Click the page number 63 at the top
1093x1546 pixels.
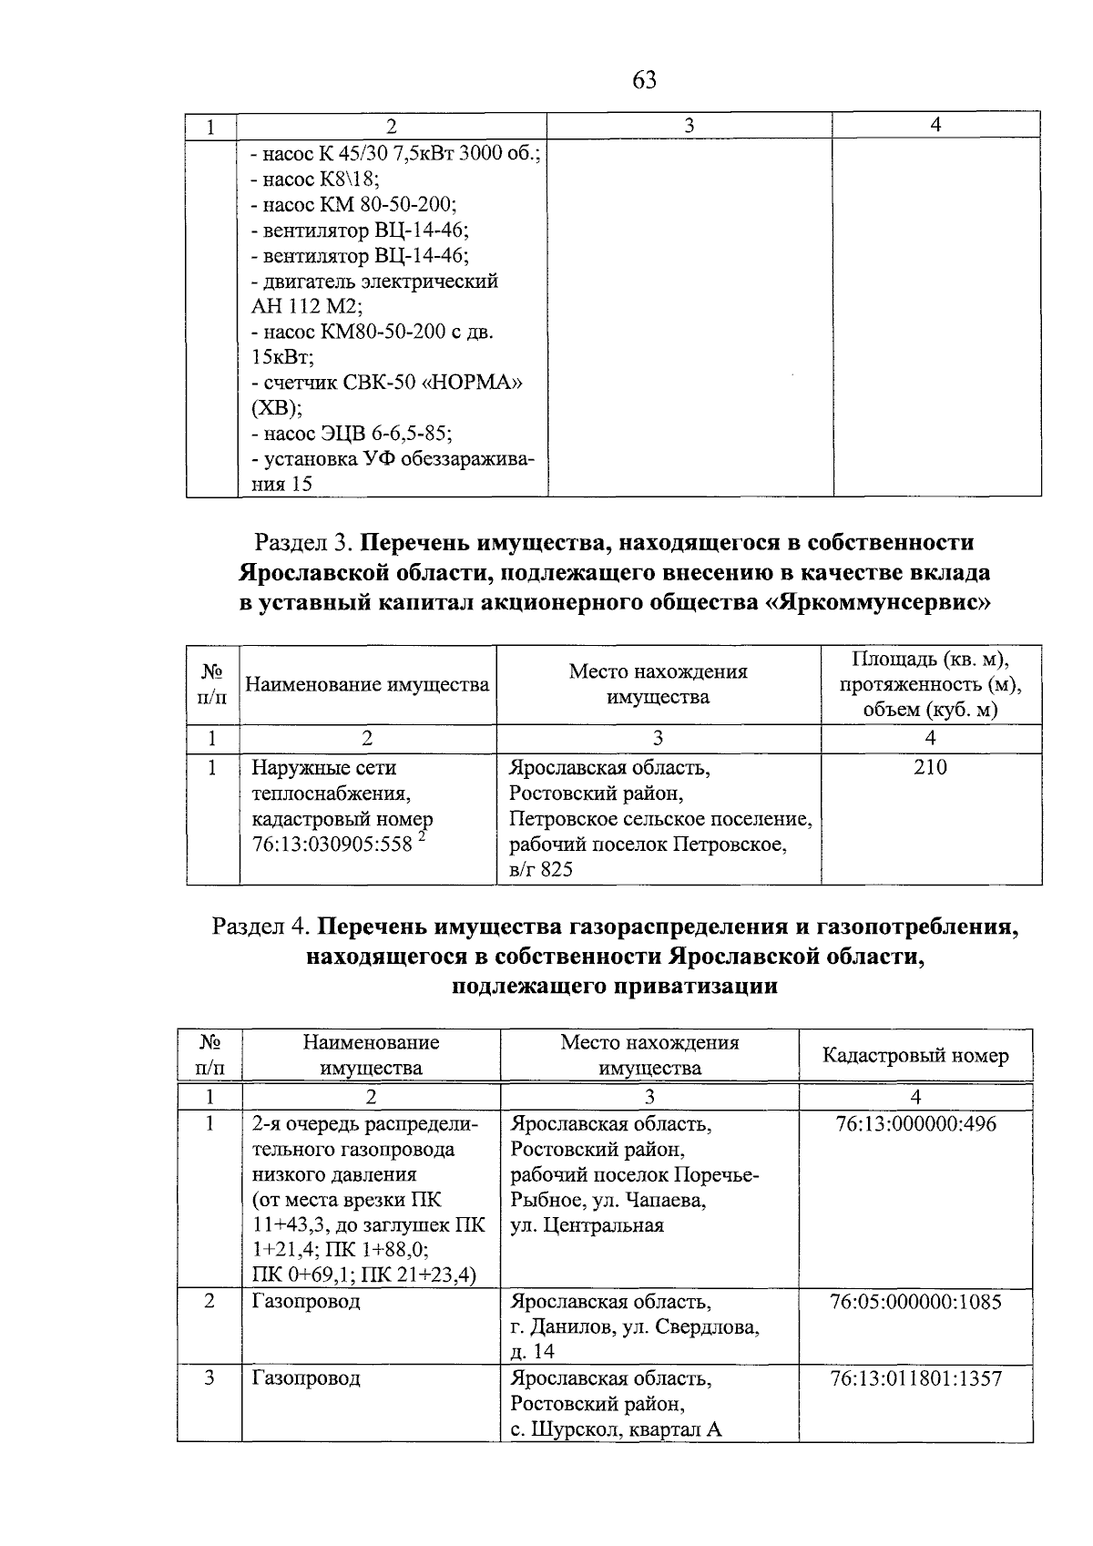[x=643, y=81]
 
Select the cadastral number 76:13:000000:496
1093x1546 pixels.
[x=915, y=1124]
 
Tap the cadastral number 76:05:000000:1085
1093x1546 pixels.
[x=915, y=1302]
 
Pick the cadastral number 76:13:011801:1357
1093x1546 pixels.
[x=915, y=1378]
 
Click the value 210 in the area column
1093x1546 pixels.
[x=930, y=768]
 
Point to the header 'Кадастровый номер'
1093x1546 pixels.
[x=915, y=1056]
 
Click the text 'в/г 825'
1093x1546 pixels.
[x=541, y=870]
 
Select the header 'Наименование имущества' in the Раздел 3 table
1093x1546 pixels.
[x=367, y=684]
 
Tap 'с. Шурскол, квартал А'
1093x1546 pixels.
[x=616, y=1429]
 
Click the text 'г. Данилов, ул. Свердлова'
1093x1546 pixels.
[x=635, y=1327]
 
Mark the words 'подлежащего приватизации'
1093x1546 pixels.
[x=615, y=987]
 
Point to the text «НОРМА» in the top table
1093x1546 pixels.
[x=472, y=383]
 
